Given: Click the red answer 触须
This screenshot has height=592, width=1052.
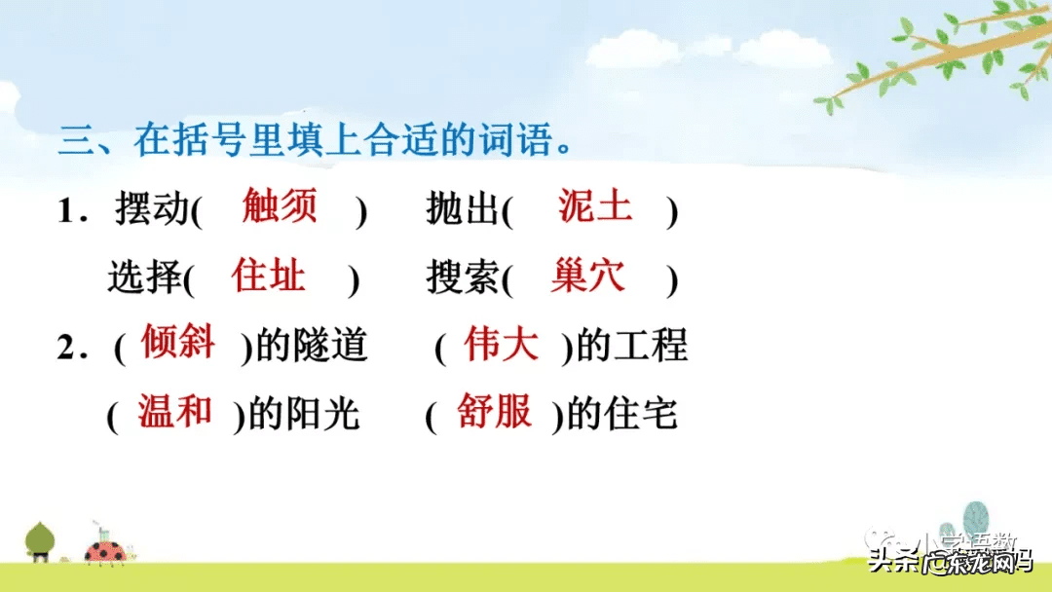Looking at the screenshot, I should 280,206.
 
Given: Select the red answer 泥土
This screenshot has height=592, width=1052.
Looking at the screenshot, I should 595,206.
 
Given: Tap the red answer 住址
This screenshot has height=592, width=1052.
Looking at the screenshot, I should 269,277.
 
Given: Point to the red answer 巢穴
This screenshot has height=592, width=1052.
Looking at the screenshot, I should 587,277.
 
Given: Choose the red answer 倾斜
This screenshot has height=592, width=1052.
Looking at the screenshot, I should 178,343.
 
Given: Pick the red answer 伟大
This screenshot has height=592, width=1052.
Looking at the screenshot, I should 502,345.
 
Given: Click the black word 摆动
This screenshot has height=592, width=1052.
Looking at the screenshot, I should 151,210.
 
